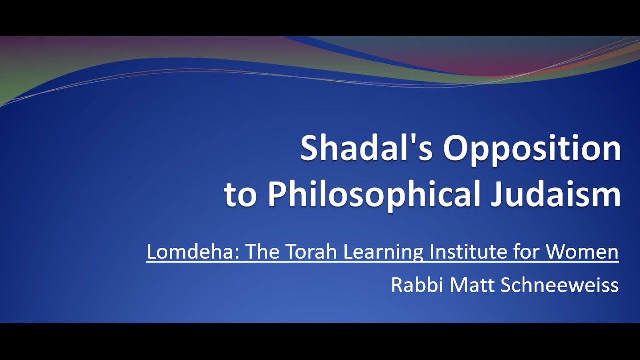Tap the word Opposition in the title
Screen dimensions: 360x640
coord(532,149)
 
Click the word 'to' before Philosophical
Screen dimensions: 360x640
coord(241,195)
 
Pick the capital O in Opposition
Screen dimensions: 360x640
coord(456,149)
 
